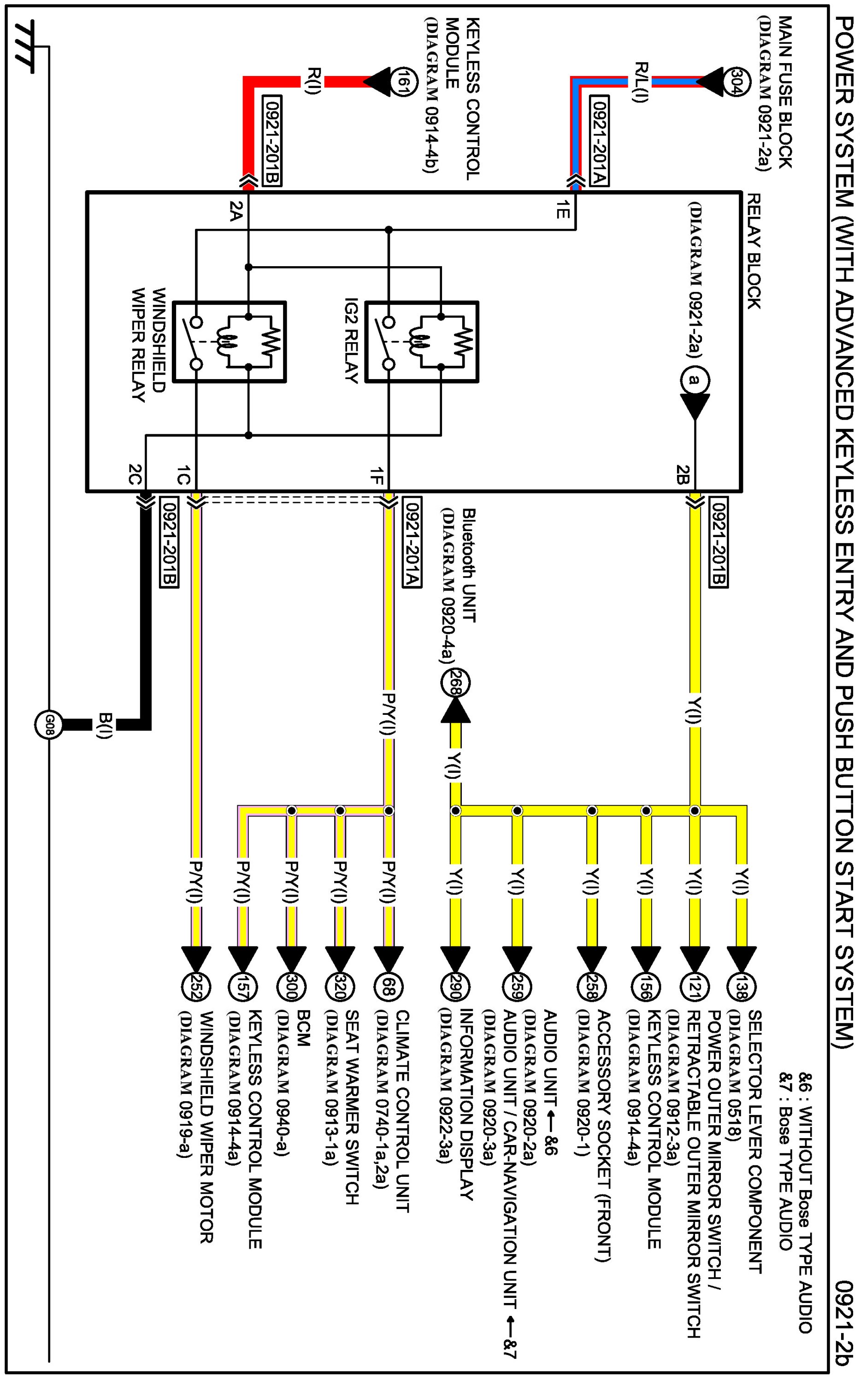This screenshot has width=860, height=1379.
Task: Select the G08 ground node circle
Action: click(48, 724)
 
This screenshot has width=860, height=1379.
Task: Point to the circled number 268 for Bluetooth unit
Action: click(455, 683)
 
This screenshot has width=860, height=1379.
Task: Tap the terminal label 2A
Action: click(236, 211)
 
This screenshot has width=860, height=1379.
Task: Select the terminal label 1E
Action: click(562, 210)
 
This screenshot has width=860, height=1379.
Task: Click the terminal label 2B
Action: click(683, 474)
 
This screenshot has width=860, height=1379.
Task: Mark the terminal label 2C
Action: click(134, 474)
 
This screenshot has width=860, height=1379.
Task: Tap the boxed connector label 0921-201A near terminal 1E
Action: click(600, 142)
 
